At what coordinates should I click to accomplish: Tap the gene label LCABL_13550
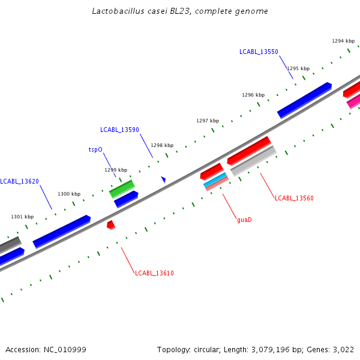259,52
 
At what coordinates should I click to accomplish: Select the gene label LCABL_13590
119,130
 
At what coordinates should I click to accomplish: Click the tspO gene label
96,149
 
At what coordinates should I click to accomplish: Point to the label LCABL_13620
20,181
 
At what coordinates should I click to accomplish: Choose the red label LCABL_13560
294,198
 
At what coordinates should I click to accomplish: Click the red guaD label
244,220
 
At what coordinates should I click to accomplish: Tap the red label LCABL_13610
154,273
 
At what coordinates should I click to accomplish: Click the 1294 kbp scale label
343,41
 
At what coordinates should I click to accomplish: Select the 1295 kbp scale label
298,68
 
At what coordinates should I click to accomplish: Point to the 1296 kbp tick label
253,95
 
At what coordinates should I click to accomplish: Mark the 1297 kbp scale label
208,121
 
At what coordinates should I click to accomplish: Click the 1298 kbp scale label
162,145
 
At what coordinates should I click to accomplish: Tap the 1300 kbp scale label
69,194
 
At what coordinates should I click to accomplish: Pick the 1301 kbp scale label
22,217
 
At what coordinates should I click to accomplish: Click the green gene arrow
122,188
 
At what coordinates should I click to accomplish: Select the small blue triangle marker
163,179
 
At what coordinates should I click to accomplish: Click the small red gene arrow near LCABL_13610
110,225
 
